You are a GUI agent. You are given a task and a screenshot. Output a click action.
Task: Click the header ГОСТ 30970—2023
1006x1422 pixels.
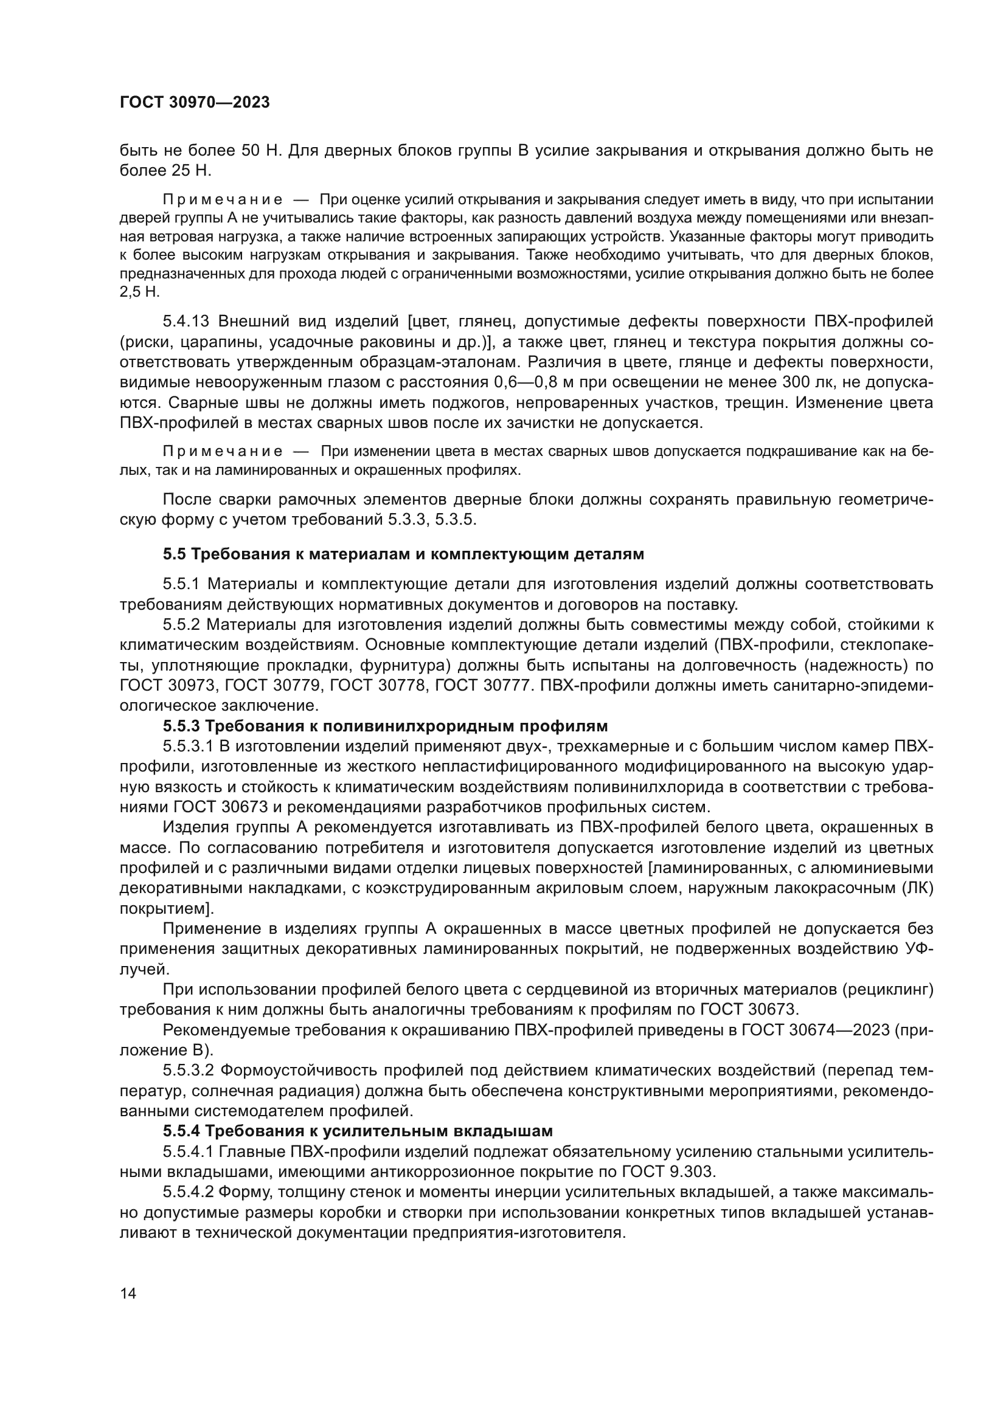pos(195,103)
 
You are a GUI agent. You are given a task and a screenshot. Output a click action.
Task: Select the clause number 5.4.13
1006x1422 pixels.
pos(187,322)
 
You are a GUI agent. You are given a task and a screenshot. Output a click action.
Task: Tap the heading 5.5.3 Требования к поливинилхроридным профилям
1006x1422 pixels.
pos(385,726)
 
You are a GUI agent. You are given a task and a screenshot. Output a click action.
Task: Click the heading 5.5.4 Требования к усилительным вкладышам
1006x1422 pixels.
pos(358,1131)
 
